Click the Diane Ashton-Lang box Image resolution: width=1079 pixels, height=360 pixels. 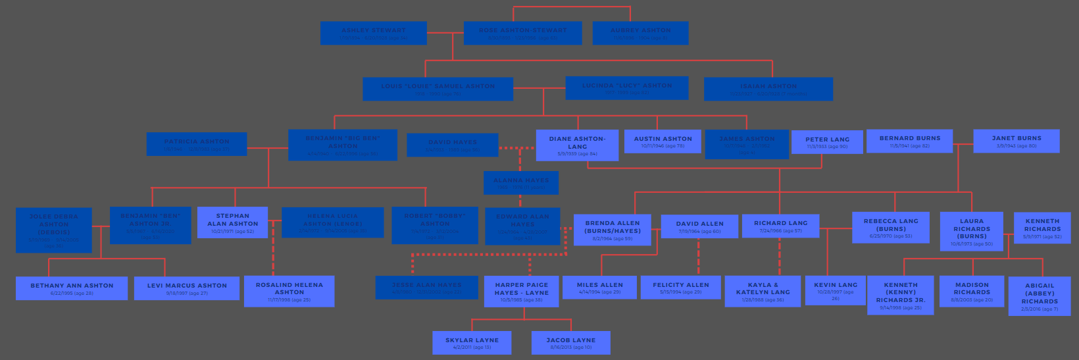[577, 145]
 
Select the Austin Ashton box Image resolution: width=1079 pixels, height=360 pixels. [663, 141]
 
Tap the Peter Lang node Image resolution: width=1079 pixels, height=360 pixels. [827, 142]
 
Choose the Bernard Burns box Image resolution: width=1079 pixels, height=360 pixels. [909, 141]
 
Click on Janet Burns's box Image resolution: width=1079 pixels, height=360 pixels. [1016, 141]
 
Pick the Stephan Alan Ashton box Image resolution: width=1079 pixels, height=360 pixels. [233, 223]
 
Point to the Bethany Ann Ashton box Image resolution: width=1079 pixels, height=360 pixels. [72, 288]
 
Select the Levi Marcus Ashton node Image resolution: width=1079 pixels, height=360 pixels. [187, 288]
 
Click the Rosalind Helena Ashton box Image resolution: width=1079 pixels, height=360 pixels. [289, 292]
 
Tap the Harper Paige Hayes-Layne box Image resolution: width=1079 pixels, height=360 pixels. [521, 292]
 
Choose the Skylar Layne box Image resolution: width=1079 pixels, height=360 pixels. [472, 343]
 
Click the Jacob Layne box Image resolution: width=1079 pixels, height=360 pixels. [570, 343]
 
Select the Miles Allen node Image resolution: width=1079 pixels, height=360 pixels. [599, 288]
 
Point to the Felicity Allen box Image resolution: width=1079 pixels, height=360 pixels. [680, 288]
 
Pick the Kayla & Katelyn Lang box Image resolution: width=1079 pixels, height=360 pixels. [763, 291]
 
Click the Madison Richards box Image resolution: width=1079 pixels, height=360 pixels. [971, 292]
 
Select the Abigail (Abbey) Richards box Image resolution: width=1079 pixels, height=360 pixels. [1039, 296]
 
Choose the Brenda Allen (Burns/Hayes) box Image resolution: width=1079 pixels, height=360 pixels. [612, 230]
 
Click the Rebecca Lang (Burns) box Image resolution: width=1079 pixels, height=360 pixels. [890, 228]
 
